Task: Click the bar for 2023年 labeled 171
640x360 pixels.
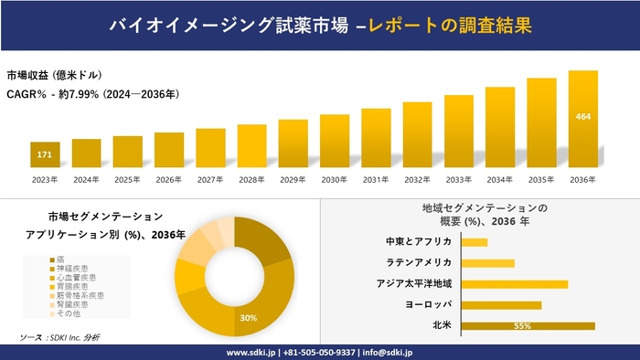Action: (x=44, y=154)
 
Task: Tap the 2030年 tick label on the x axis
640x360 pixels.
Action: (x=335, y=179)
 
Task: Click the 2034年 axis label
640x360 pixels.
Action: (x=500, y=179)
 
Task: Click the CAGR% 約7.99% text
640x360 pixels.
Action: (x=91, y=93)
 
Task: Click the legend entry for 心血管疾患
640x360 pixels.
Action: (x=77, y=277)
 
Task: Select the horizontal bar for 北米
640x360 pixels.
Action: (x=528, y=325)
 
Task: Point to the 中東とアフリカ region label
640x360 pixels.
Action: (x=419, y=242)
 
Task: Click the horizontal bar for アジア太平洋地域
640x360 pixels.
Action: (x=515, y=284)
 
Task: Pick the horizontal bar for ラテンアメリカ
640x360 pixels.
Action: (x=488, y=263)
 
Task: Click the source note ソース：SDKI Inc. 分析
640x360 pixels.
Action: (x=60, y=338)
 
